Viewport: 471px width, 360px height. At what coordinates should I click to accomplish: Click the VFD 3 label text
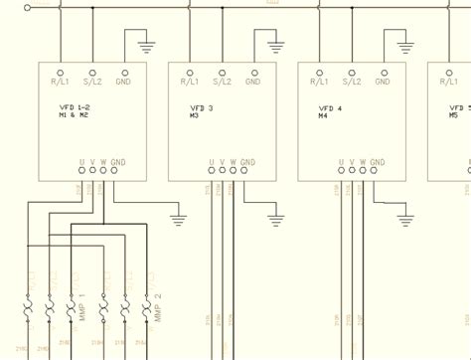(202, 107)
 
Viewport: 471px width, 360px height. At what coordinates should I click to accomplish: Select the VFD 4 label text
(332, 107)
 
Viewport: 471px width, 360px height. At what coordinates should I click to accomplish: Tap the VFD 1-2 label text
(74, 106)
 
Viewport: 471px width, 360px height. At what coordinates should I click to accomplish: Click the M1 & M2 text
(74, 115)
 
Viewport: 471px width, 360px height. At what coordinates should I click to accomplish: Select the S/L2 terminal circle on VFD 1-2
(92, 73)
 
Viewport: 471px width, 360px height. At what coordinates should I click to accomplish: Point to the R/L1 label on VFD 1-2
(61, 82)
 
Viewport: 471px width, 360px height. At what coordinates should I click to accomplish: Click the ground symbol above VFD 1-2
(146, 46)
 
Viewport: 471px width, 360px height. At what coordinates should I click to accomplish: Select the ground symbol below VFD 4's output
(405, 220)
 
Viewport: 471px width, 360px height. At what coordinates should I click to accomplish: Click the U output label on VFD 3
(211, 161)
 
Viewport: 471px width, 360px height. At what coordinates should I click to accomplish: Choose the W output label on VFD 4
(363, 161)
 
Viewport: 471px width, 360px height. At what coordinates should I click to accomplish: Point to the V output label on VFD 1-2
(92, 161)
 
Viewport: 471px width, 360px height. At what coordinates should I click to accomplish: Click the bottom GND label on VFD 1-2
(117, 161)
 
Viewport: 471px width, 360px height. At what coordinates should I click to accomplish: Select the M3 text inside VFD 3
(194, 116)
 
